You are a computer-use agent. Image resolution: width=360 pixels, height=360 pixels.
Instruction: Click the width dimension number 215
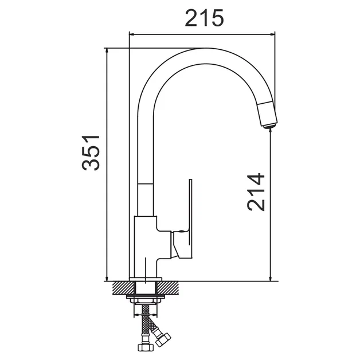(x=204, y=18)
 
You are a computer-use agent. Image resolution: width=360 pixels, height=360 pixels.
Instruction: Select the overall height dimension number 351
(x=91, y=153)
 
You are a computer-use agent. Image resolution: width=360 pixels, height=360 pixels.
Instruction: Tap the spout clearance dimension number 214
(x=256, y=192)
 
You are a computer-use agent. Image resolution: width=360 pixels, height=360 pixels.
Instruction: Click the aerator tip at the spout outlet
(x=269, y=126)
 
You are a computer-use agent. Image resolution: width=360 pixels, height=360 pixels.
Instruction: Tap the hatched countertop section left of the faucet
(x=123, y=288)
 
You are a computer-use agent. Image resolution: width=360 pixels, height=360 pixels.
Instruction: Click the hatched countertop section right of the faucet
(x=168, y=288)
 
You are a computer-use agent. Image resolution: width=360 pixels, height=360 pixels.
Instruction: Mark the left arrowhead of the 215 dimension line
(x=132, y=34)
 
